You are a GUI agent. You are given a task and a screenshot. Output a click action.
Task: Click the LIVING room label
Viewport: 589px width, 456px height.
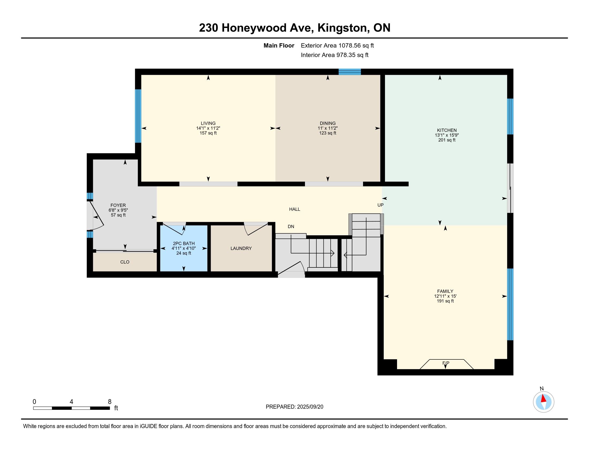[208, 123]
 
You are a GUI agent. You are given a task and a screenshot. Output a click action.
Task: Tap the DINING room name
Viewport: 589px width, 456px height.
[328, 123]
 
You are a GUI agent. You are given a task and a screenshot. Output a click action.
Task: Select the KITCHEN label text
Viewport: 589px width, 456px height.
[447, 130]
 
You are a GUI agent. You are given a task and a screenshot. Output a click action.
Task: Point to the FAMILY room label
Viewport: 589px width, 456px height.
[445, 291]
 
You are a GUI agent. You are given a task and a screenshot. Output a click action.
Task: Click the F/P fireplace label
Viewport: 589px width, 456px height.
[446, 363]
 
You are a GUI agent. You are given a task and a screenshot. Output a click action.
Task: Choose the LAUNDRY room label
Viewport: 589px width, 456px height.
[241, 248]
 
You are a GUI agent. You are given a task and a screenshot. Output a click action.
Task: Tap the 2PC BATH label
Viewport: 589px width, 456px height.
[184, 243]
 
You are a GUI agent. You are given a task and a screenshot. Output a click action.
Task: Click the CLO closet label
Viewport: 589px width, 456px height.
[125, 262]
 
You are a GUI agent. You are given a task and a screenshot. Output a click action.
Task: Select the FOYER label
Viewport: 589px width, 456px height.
[118, 205]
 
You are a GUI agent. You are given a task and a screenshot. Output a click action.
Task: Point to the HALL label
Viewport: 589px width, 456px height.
[294, 209]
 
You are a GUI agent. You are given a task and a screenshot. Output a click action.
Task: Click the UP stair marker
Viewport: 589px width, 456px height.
[380, 205]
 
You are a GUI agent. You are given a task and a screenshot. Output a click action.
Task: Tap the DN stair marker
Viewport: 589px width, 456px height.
[291, 227]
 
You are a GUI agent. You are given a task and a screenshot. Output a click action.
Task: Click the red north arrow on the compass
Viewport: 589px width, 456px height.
[543, 399]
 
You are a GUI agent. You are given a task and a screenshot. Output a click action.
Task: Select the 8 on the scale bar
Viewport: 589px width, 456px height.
[110, 402]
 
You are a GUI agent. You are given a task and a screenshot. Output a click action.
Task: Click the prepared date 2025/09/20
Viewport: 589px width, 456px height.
[310, 407]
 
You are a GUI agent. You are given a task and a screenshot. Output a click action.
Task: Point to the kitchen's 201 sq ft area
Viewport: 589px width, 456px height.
[447, 140]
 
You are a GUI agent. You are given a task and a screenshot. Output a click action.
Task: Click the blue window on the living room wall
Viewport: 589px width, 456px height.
[138, 116]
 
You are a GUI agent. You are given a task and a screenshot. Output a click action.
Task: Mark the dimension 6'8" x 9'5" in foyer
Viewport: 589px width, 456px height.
[118, 210]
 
